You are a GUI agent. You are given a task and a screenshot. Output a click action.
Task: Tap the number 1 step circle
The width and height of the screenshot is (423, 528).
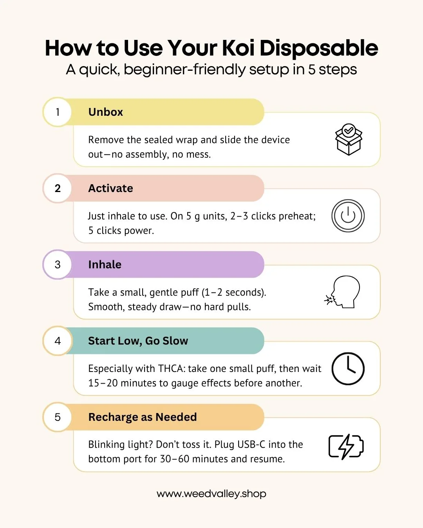point(58,112)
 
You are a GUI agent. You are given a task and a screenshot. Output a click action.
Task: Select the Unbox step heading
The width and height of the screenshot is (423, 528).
point(105,112)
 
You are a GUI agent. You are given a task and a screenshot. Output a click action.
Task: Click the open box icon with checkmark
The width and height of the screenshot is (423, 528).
point(349,139)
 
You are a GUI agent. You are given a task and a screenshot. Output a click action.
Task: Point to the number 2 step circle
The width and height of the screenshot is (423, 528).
point(58,189)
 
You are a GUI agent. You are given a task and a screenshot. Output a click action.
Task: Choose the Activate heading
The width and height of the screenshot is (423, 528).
point(110,189)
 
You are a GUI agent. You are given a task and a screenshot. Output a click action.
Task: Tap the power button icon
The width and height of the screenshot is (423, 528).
point(348,216)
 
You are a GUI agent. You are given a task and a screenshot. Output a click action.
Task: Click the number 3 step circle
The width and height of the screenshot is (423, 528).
point(58,264)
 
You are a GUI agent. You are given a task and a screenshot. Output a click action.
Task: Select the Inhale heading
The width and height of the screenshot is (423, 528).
point(105,265)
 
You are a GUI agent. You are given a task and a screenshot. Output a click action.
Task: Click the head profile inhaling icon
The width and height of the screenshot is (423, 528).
point(342,292)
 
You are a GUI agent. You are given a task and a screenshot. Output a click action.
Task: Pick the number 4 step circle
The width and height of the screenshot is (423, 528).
point(58,341)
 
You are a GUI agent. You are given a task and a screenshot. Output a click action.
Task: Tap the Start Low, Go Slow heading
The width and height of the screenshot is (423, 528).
point(138,341)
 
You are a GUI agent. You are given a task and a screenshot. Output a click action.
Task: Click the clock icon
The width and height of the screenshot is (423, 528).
point(348,368)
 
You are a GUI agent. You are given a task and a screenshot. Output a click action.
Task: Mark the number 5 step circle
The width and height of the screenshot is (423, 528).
point(58,417)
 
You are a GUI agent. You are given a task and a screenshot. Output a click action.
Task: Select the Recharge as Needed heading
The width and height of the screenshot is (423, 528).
point(143,417)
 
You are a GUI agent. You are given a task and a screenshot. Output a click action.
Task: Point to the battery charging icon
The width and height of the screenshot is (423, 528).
point(346,447)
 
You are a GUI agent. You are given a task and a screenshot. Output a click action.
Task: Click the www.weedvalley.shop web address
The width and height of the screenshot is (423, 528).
point(211,494)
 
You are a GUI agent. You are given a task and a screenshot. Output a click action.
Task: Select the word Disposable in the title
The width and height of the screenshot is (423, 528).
point(319,48)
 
